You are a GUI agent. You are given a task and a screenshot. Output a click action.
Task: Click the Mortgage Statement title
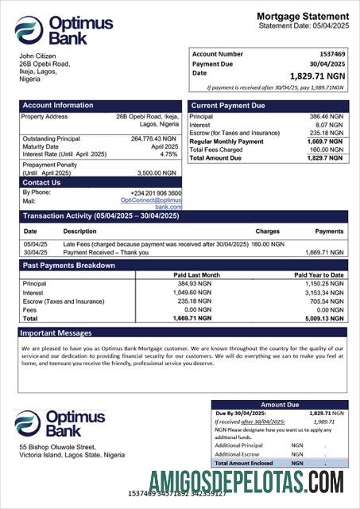302,16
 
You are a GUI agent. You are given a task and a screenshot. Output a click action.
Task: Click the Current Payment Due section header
228,105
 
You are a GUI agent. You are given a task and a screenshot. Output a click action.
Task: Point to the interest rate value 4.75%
169,154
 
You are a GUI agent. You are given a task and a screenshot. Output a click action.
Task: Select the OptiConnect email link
157,204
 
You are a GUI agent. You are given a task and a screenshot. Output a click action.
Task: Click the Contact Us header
41,183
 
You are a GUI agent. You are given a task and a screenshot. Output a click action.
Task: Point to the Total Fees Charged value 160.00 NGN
327,150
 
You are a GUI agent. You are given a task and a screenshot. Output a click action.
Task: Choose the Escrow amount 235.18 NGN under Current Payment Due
327,133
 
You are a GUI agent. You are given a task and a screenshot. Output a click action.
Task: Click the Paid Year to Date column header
319,275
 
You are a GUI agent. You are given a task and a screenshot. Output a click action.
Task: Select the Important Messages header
56,333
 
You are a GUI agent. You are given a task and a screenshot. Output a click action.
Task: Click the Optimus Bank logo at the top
64,30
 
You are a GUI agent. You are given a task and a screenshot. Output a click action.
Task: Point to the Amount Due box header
279,405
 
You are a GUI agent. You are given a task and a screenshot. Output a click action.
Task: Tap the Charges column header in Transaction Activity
267,231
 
